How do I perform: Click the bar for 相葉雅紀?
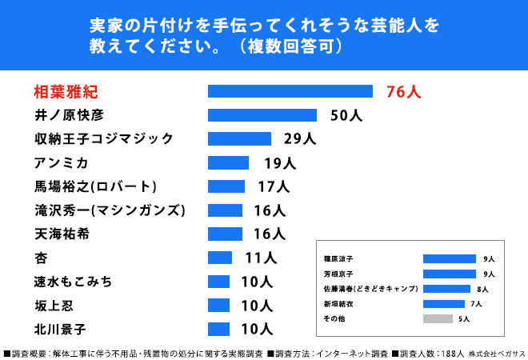(x=290, y=91)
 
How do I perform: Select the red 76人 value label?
(x=403, y=91)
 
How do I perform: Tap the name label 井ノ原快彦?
(x=69, y=115)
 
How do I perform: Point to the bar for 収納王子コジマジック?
(x=239, y=138)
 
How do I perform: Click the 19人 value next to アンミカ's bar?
(x=280, y=163)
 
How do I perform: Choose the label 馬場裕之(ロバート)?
(x=95, y=186)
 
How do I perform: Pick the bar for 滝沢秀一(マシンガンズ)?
(x=225, y=210)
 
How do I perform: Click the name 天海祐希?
(x=62, y=234)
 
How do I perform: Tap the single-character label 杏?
(x=41, y=258)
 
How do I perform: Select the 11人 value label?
(x=261, y=258)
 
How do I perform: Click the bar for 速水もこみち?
(x=218, y=282)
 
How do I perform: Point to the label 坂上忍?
(x=54, y=306)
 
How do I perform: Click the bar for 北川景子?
(x=218, y=329)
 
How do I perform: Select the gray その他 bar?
(x=438, y=318)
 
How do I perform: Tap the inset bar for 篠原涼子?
(x=450, y=258)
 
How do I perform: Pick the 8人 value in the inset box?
(x=482, y=290)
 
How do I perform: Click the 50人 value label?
(x=346, y=115)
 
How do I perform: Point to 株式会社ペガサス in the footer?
(x=497, y=354)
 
